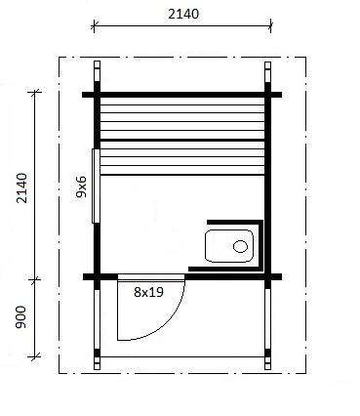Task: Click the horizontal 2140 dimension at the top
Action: coord(183,14)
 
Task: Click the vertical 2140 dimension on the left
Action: coord(21,188)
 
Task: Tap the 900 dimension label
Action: coord(21,317)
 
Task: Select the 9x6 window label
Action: coord(81,187)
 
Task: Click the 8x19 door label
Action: coord(148,292)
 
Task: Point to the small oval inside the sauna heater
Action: coord(240,246)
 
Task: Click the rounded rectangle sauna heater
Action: coord(229,246)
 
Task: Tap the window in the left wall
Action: coord(96,186)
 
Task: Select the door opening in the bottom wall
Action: coord(151,277)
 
